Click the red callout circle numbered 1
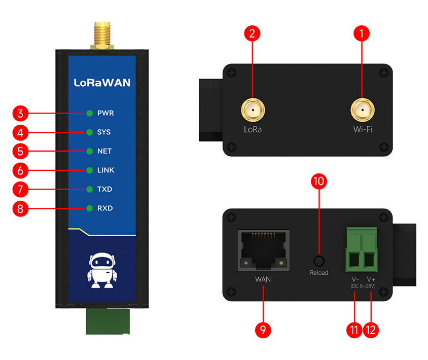[x=361, y=34]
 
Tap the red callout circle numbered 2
[x=252, y=34]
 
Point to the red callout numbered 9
[x=263, y=330]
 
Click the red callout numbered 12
[x=371, y=330]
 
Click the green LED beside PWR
[x=90, y=113]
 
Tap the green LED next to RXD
[x=90, y=208]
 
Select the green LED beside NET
[x=90, y=151]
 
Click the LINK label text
[x=105, y=170]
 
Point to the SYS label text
[x=104, y=132]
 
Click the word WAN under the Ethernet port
[x=263, y=279]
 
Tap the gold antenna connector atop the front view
[x=101, y=34]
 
